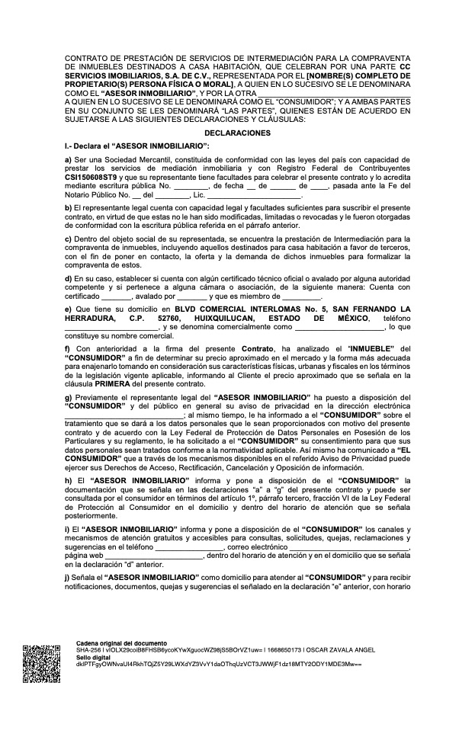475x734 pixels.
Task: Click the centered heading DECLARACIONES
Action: pos(237,133)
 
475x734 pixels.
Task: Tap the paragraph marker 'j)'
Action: pos(68,579)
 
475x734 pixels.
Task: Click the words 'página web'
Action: pos(82,556)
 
